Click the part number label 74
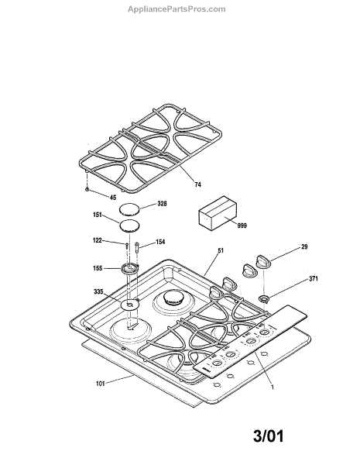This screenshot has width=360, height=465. pos(197,184)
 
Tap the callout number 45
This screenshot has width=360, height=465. pos(113,198)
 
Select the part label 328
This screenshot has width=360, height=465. pos(162,204)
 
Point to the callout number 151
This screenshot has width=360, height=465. pos(98,215)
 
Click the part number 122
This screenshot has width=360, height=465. pos(98,240)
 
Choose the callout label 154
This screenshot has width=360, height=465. pos(160,242)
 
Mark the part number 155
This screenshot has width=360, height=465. pos(98,268)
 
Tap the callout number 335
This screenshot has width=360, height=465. pos(98,292)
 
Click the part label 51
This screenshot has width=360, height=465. pos(221,250)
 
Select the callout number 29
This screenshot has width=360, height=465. pos(304,246)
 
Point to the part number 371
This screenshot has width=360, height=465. pos(314,279)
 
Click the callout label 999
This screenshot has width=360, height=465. pos(242,226)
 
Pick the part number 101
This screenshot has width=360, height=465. pos(101,384)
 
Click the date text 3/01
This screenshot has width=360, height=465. pos(269,436)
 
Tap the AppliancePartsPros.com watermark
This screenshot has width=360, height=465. pos(177,9)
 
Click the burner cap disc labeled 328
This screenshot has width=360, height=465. pos(129,210)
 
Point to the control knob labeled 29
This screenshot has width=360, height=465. pos(263,262)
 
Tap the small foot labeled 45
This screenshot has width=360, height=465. pos(87,189)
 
